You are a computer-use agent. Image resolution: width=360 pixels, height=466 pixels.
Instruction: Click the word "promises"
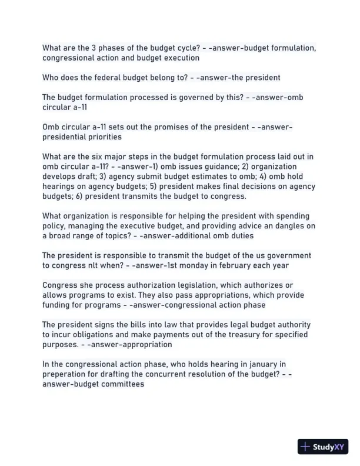146,127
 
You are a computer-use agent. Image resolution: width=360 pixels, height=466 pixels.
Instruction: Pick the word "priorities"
102,137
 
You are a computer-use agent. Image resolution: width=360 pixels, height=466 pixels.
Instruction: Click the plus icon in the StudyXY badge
305,447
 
